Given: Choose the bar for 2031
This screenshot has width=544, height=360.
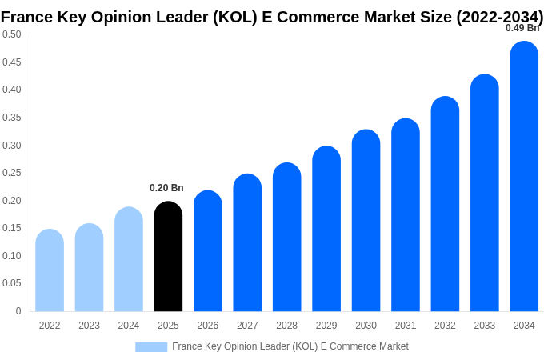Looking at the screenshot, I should tap(406, 215).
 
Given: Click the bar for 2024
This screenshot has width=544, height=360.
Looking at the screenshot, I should tap(129, 259).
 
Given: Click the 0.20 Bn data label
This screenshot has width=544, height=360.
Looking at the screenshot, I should tap(166, 188).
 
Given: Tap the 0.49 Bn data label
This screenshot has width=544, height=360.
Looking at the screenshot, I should tap(522, 28).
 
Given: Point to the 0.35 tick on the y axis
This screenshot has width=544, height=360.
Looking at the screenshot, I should tap(12, 118).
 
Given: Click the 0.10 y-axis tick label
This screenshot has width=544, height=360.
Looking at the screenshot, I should tap(12, 256).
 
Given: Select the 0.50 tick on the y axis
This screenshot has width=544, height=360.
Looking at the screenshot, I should tap(12, 34).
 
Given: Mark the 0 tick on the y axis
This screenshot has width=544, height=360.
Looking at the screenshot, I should tap(18, 311).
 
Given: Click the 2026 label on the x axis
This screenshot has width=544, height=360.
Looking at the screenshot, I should tap(208, 326).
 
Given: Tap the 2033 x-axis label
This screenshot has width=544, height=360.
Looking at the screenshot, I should tap(485, 326).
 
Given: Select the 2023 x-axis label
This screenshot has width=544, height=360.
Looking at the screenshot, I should tap(89, 326).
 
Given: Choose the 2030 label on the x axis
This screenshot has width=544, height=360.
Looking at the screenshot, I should tap(366, 326).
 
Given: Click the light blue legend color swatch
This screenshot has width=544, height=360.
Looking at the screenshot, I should tap(151, 347).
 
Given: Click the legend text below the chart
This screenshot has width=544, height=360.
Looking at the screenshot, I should tap(290, 346).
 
